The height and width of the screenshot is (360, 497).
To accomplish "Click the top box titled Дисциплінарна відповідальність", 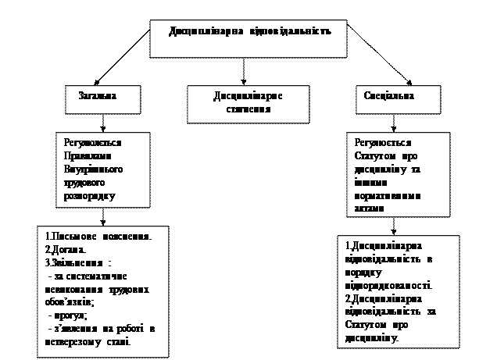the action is coord(248,37).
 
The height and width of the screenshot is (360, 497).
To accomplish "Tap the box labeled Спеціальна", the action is coord(388,100).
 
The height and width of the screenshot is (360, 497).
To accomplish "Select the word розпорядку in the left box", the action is coord(88,195).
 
